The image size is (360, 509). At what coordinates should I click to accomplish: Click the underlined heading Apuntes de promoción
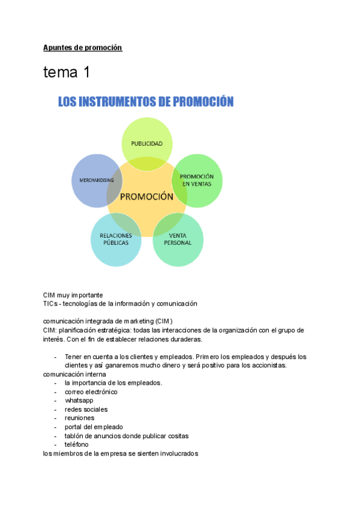coord(82,47)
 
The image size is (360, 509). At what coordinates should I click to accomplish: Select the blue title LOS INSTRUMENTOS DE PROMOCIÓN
coord(145,102)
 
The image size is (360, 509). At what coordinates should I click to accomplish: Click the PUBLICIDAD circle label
coord(147,144)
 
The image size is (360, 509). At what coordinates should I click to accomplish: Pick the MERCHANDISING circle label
coord(97,180)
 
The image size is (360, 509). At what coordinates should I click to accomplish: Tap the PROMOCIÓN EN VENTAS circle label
coord(197,180)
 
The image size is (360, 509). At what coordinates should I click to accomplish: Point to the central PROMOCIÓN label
coord(146,196)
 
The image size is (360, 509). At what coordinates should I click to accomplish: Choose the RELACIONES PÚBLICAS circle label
coord(116,239)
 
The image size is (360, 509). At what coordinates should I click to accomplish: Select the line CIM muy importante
coord(73,295)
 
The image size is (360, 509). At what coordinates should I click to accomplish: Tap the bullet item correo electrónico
coord(91,392)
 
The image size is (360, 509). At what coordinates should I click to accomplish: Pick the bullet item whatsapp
coord(79,400)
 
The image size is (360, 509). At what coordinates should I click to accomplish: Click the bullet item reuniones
coord(79,418)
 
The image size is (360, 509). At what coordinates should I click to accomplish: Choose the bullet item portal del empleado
coord(94,427)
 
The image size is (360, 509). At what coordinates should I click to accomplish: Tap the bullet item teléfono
coord(77,444)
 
